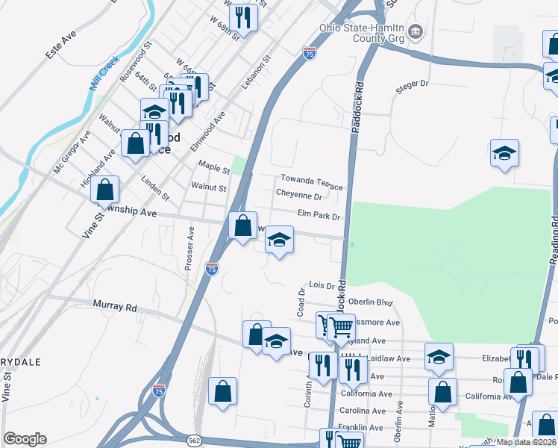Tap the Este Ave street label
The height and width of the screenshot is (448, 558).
60,46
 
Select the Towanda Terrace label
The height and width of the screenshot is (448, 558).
311,181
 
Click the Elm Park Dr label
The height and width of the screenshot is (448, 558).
319,215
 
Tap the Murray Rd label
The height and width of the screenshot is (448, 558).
116,306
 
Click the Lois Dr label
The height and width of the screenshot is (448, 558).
322,286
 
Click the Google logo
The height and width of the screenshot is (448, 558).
25,439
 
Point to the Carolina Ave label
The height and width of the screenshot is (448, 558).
366,411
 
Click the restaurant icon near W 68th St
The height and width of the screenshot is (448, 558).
243,16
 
